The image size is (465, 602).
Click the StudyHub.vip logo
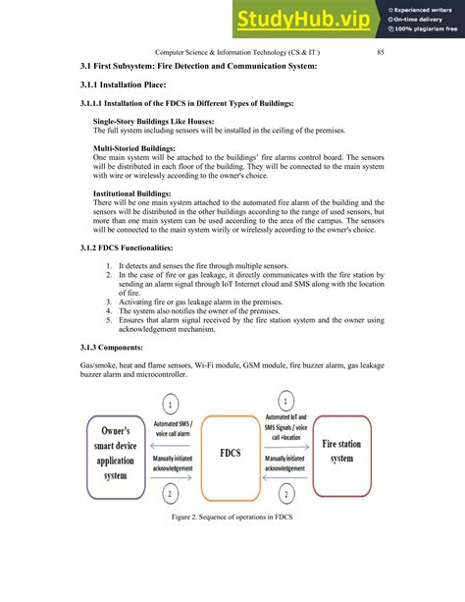(302, 19)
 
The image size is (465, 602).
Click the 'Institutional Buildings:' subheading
(132, 193)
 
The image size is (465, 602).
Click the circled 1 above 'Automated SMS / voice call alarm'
(170, 404)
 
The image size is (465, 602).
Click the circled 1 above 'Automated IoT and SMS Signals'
(285, 401)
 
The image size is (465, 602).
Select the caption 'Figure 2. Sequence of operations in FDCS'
(232, 543)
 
